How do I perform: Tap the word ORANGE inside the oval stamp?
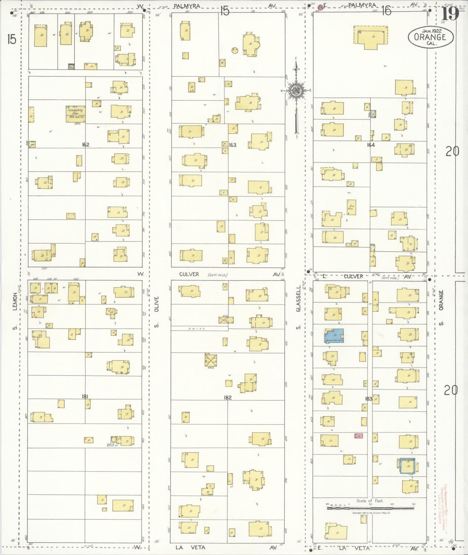pyautogui.click(x=430, y=37)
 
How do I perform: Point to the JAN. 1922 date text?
pyautogui.click(x=432, y=31)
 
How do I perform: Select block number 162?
pyautogui.click(x=86, y=144)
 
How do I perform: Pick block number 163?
pyautogui.click(x=233, y=145)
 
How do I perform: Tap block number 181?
pyautogui.click(x=85, y=396)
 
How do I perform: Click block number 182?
pyautogui.click(x=228, y=397)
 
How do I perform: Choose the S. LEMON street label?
pyautogui.click(x=15, y=311)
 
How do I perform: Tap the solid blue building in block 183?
pyautogui.click(x=334, y=336)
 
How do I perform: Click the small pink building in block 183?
pyautogui.click(x=359, y=436)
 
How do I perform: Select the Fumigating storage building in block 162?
pyautogui.click(x=76, y=114)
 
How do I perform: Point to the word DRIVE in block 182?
pyautogui.click(x=197, y=329)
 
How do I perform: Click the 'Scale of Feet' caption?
pyautogui.click(x=370, y=501)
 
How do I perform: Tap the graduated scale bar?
pyautogui.click(x=370, y=508)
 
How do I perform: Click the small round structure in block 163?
pyautogui.click(x=235, y=50)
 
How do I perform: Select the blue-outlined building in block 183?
pyautogui.click(x=407, y=466)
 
